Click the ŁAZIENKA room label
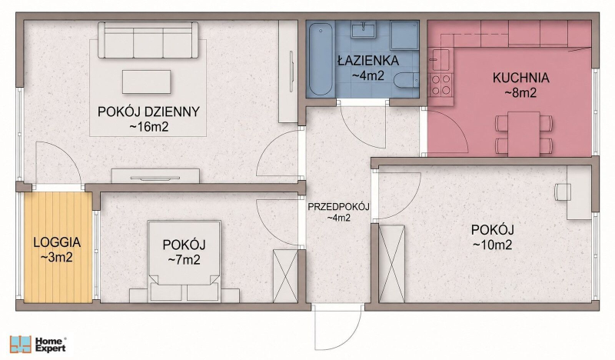(368, 61)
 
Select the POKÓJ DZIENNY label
(148, 112)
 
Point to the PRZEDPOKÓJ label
(338, 206)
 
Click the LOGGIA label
(57, 242)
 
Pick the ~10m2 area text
(492, 245)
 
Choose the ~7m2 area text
(184, 259)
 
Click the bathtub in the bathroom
(321, 59)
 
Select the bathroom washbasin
(364, 29)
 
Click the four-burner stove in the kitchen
(440, 85)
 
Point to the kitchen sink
(439, 59)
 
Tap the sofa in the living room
(148, 40)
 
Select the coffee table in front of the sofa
(146, 82)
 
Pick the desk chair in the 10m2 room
(562, 192)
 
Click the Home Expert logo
(38, 345)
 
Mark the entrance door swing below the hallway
(338, 327)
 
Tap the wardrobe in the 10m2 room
(392, 264)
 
